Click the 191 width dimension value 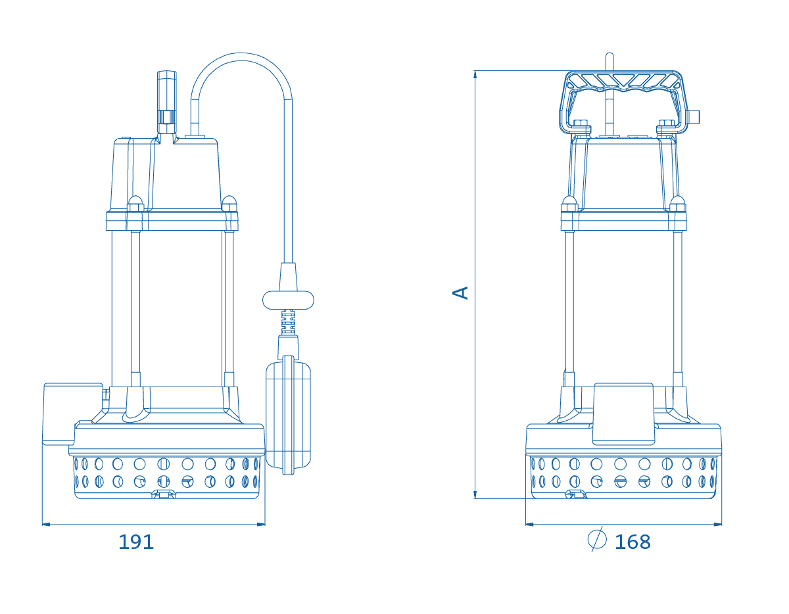136,542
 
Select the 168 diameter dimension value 633,542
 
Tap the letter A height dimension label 460,293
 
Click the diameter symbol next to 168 597,539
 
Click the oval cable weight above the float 288,300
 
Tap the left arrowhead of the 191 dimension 46,524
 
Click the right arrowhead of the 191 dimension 261,524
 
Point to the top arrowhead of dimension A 475,74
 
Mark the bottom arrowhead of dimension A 475,494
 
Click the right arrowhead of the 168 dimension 717,524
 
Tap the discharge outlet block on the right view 623,413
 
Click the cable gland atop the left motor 167,103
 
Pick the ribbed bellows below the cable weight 288,322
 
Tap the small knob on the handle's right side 694,117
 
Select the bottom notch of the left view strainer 164,494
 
